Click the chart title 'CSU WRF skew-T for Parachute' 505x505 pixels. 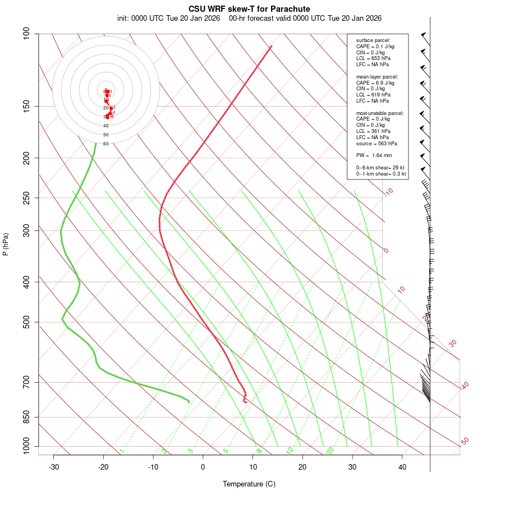(x=249, y=9)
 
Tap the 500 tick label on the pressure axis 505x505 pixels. (x=26, y=322)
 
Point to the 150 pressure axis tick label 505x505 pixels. (x=26, y=106)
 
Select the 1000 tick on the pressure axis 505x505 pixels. (x=25, y=447)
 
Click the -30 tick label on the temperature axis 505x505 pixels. (x=54, y=467)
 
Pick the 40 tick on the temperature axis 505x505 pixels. (x=402, y=467)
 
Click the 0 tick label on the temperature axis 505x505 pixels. (x=203, y=467)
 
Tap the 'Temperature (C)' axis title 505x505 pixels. (x=249, y=484)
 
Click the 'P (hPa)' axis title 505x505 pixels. (x=6, y=245)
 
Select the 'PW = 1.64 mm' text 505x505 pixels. (x=374, y=155)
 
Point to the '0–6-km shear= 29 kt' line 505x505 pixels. (x=380, y=168)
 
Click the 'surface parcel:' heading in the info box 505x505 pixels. (x=373, y=40)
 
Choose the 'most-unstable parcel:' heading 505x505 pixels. (x=380, y=113)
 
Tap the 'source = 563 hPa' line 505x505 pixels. (x=377, y=143)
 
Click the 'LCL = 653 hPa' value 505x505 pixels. (x=373, y=58)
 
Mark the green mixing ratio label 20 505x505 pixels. (x=330, y=451)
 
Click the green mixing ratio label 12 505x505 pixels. (x=290, y=451)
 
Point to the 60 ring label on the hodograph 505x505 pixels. (x=105, y=144)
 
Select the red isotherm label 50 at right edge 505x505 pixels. (x=465, y=442)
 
